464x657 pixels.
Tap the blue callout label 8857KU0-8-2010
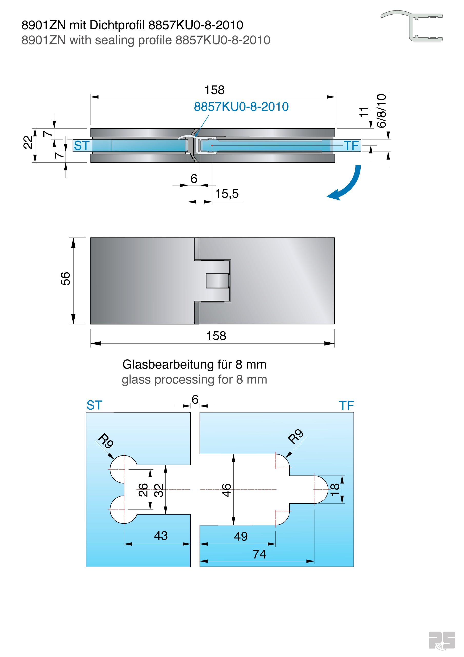(x=241, y=107)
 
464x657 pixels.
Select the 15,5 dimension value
(x=226, y=194)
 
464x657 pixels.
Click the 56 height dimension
(x=65, y=278)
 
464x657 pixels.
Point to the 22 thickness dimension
(x=28, y=142)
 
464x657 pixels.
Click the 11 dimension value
(x=364, y=112)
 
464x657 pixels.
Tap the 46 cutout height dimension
(x=226, y=490)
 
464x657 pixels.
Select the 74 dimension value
(x=259, y=554)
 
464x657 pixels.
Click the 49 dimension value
(x=241, y=536)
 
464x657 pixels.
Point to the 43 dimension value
(x=161, y=536)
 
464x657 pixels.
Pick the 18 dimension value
(x=335, y=490)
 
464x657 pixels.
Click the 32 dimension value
(x=159, y=490)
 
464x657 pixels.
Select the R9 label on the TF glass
(x=295, y=436)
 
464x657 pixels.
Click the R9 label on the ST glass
(x=106, y=441)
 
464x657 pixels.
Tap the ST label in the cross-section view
(x=82, y=145)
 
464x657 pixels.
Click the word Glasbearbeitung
(x=168, y=364)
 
